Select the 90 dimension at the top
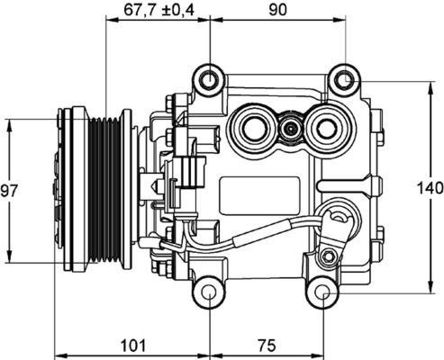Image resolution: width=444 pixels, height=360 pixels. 276,11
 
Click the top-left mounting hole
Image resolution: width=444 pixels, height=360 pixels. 209,80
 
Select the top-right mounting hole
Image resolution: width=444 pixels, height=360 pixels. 343,80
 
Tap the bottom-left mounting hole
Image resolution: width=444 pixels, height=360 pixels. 209,292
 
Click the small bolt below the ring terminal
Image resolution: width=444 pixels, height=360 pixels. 336,248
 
